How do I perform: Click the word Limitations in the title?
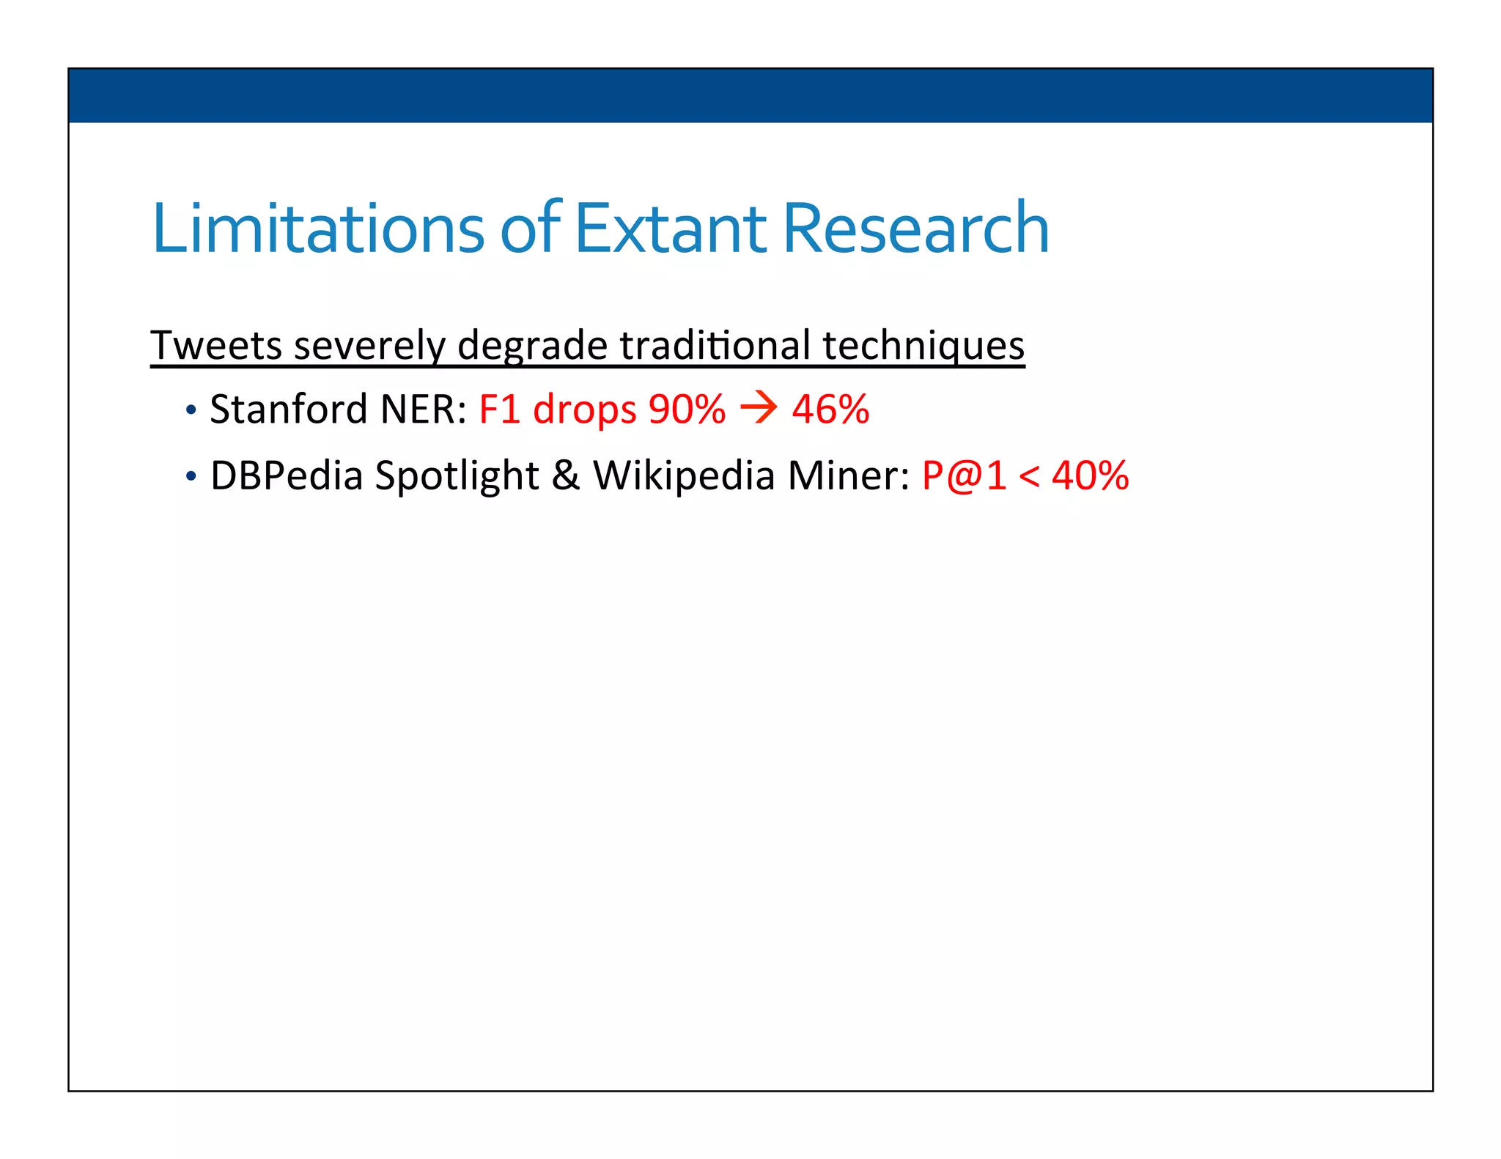(317, 229)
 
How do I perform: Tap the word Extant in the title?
(671, 229)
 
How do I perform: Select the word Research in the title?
(916, 229)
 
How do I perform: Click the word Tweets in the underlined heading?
(216, 345)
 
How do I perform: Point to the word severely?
(369, 345)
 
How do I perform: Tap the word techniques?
(923, 345)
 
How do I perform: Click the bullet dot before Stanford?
(191, 410)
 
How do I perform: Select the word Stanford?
(288, 409)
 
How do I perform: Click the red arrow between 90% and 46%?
(759, 408)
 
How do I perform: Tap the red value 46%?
(830, 409)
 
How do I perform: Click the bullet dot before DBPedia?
(191, 477)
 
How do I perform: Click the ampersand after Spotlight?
(565, 475)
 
